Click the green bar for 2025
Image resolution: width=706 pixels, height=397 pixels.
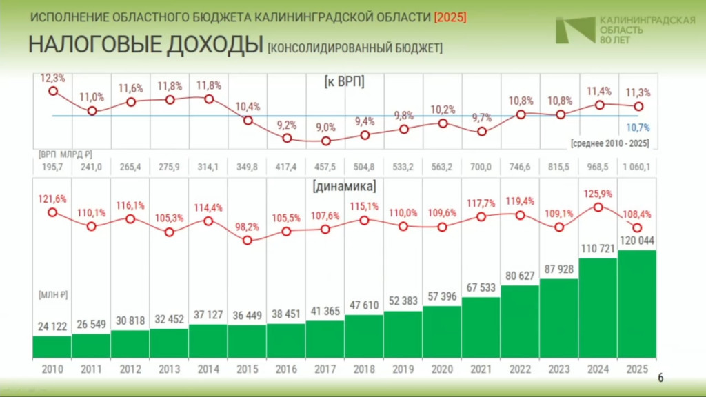tap(636, 304)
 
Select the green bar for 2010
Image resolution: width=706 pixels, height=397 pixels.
tap(52, 347)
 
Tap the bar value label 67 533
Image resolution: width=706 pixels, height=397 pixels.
tap(481, 287)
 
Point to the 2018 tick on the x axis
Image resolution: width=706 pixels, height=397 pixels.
tap(364, 369)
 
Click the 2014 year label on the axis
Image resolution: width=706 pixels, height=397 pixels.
tap(208, 369)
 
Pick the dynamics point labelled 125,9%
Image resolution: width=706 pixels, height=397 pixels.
tap(598, 207)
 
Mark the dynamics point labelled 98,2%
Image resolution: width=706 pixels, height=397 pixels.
tap(248, 241)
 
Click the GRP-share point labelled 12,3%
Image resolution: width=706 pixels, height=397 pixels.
tap(53, 91)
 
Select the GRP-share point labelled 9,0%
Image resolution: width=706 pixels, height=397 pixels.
tap(326, 141)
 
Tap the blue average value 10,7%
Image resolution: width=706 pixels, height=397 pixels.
tap(638, 128)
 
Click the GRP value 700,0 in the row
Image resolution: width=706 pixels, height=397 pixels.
tap(481, 167)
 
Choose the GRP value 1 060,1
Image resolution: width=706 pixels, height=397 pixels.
tap(636, 167)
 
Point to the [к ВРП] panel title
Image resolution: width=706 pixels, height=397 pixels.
tap(345, 81)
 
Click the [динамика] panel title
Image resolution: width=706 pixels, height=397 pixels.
tap(345, 186)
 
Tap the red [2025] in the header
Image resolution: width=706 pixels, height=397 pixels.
tap(450, 17)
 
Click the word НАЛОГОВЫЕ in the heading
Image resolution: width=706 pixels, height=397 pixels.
tap(94, 45)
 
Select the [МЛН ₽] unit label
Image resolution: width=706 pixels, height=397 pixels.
tap(53, 295)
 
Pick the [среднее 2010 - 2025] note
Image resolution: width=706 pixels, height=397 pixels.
tap(610, 143)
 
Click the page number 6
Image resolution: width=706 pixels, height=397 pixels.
tap(660, 378)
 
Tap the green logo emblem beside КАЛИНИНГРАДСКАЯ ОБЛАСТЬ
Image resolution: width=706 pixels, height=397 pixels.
tap(575, 30)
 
